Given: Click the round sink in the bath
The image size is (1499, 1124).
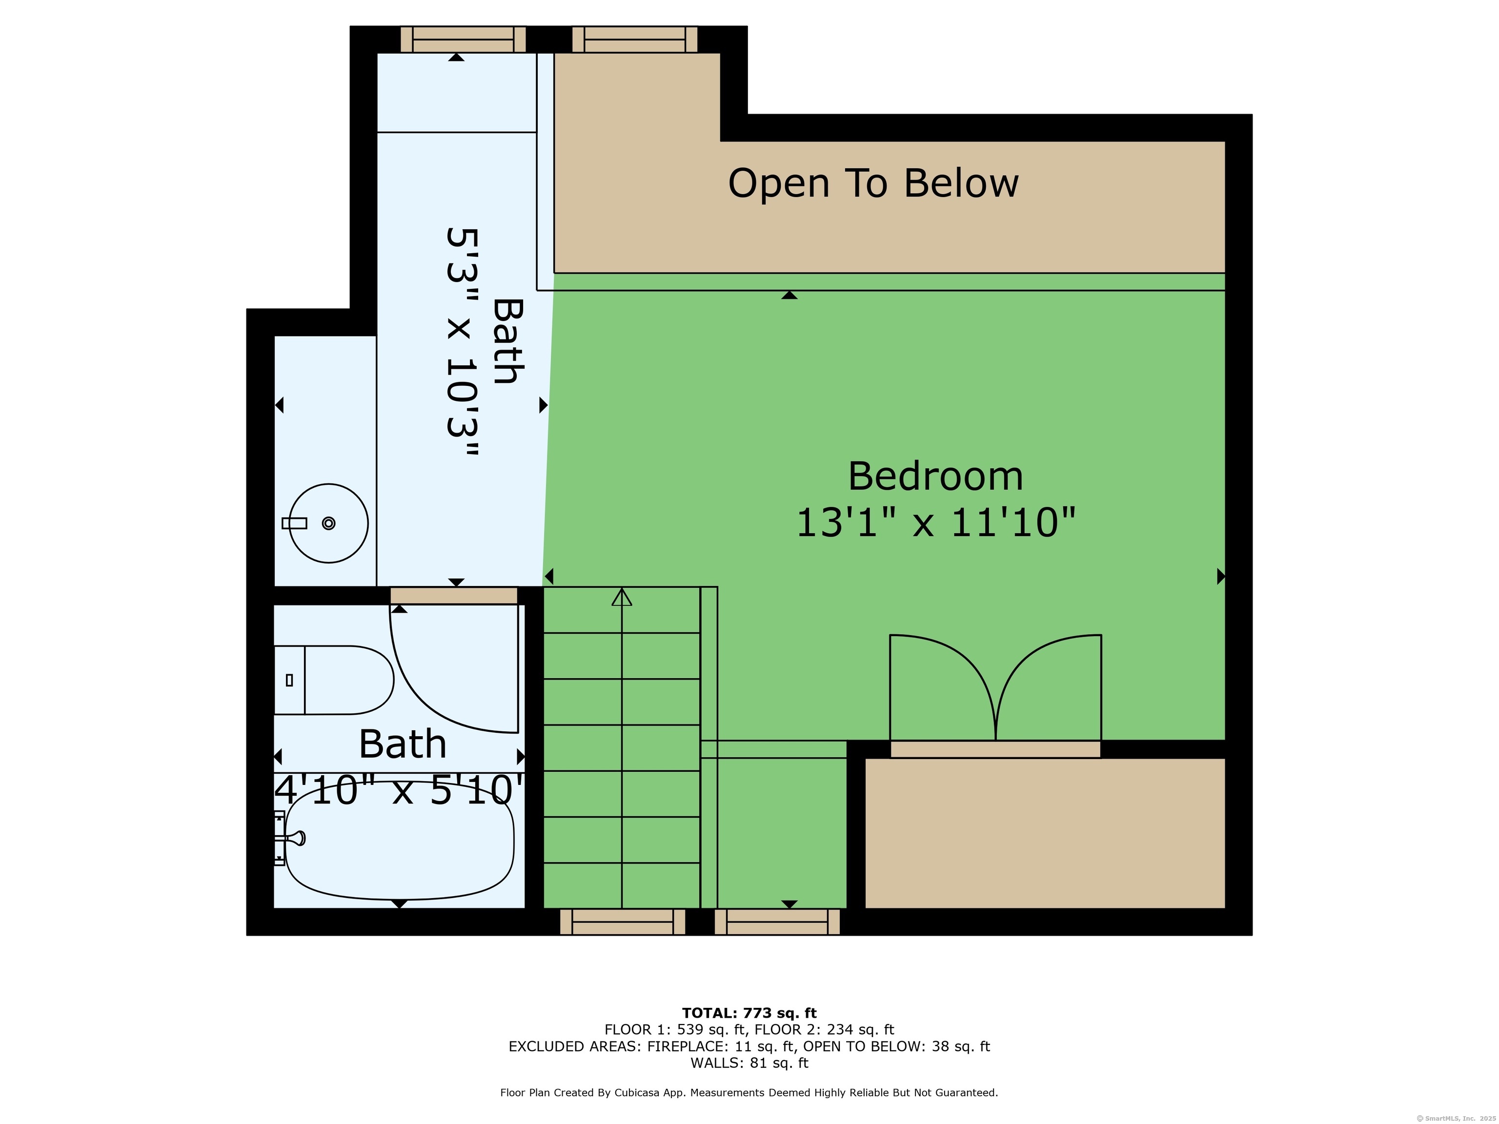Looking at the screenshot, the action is click(x=329, y=523).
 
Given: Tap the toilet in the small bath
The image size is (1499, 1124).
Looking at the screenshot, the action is click(x=333, y=680).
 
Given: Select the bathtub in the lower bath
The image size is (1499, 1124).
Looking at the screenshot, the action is click(x=399, y=840).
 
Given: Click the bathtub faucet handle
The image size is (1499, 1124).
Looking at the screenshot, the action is click(x=296, y=838).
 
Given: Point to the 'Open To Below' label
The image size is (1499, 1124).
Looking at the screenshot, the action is click(x=873, y=183).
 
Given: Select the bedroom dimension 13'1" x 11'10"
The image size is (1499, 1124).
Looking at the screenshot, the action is click(x=935, y=523).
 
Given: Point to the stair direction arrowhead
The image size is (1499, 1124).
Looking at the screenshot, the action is click(x=622, y=597).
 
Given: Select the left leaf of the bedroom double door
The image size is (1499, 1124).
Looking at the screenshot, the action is click(x=943, y=687).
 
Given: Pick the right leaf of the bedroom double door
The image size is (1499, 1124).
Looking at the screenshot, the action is click(x=1048, y=687).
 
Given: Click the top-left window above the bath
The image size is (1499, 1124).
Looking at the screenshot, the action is click(x=463, y=40).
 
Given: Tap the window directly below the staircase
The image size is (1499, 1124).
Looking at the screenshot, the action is click(x=622, y=922).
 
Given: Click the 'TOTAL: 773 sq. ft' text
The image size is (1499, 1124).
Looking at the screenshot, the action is click(x=749, y=1013).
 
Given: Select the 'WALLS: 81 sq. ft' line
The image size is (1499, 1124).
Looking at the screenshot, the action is click(x=749, y=1063).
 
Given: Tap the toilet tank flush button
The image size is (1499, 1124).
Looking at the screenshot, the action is click(x=289, y=680).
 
